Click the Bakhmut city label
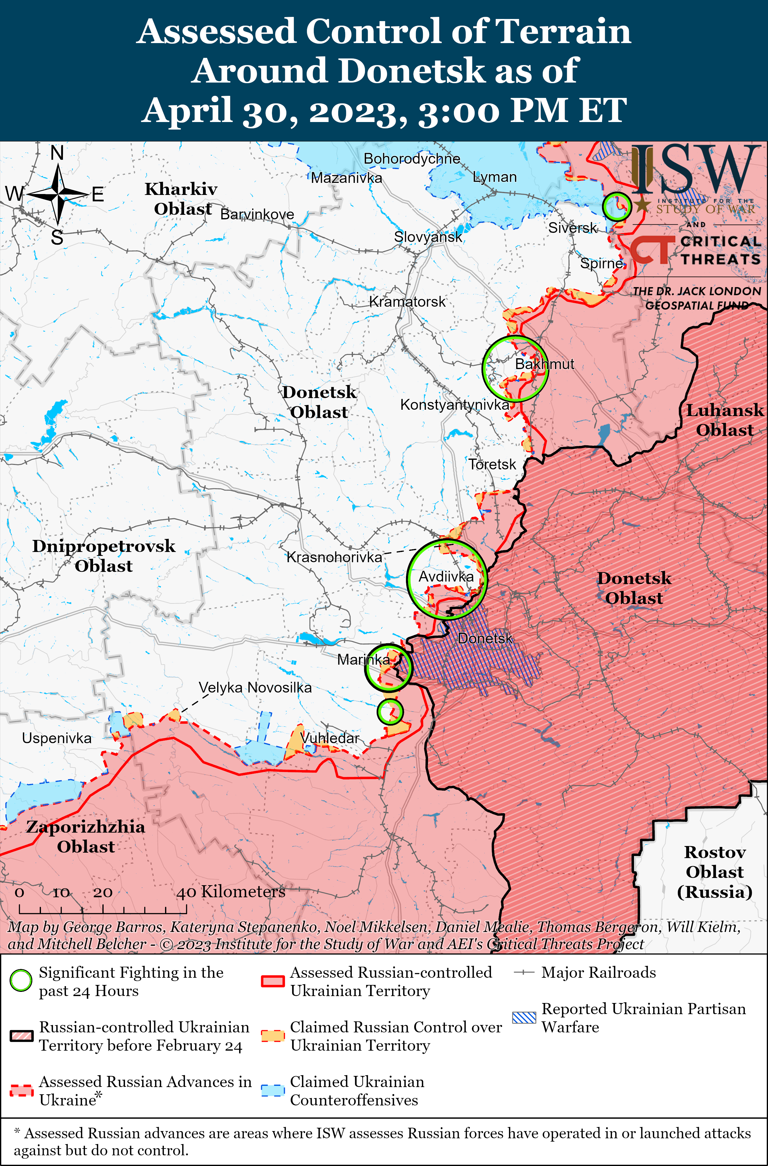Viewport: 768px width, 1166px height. click(x=544, y=364)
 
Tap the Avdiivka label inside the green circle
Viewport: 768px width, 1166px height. click(x=446, y=577)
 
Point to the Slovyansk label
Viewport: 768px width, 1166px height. click(x=428, y=237)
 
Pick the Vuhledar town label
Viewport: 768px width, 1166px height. click(x=329, y=738)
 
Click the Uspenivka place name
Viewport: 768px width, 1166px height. click(x=57, y=738)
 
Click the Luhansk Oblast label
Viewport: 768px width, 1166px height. click(x=724, y=420)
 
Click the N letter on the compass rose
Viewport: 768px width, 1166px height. click(x=57, y=153)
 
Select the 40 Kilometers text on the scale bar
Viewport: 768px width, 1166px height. click(x=231, y=892)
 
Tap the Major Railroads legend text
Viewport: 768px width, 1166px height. click(x=598, y=973)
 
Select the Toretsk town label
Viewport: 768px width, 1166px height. click(x=492, y=464)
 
